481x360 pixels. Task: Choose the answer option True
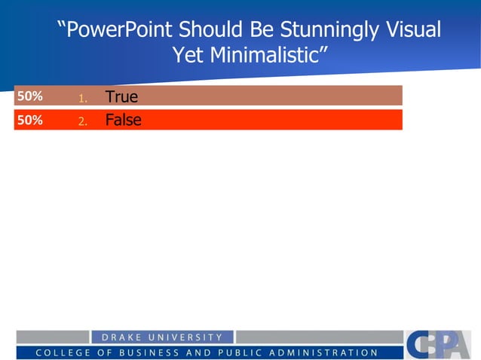click(121, 96)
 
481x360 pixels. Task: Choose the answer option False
click(123, 120)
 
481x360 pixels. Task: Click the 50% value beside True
click(30, 96)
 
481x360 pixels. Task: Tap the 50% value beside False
click(30, 120)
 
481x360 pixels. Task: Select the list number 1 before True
click(83, 97)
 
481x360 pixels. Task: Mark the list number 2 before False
click(83, 121)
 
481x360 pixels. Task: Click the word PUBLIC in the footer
click(237, 352)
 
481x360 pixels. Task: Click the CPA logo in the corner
click(437, 345)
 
